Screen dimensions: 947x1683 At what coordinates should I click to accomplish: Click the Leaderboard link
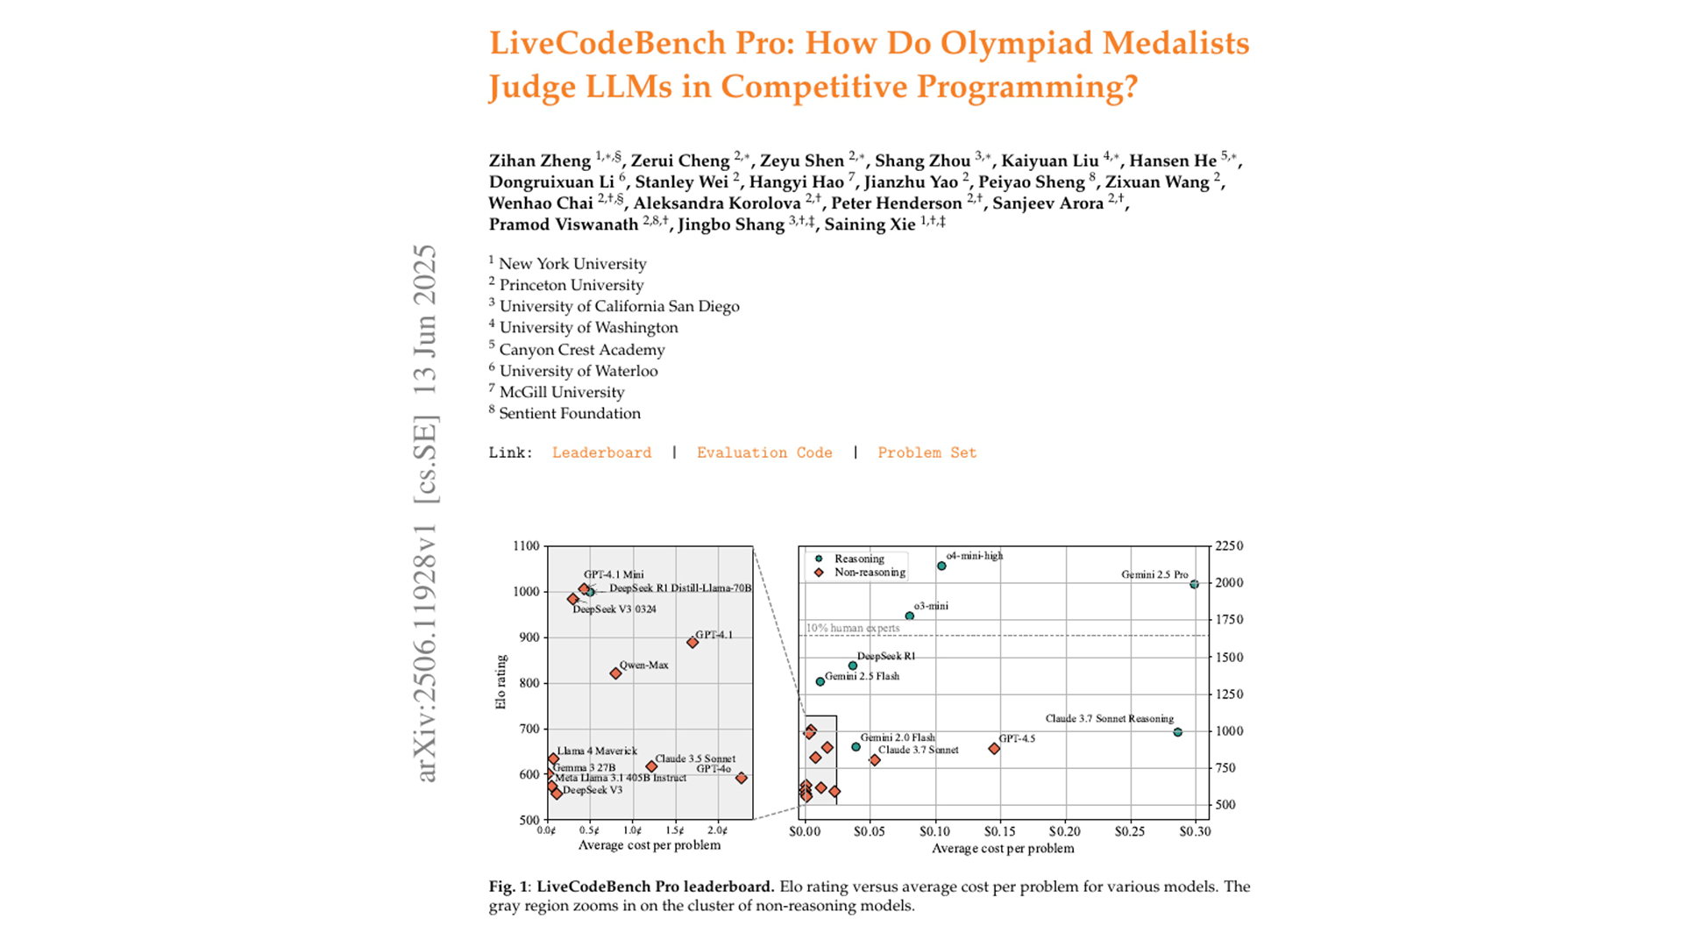(601, 452)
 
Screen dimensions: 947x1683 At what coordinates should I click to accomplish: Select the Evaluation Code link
(764, 452)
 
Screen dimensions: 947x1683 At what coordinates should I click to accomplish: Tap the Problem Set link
(927, 452)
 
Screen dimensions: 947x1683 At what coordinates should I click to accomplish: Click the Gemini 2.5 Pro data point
(1194, 584)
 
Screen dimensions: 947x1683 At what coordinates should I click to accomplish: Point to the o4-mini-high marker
(941, 566)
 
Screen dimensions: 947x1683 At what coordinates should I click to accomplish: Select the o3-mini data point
(909, 616)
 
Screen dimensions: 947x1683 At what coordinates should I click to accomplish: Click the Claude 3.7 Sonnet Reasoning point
(1177, 732)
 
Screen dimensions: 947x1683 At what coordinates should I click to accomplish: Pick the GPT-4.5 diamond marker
(994, 749)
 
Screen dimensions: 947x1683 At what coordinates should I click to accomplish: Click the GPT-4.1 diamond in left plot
(692, 643)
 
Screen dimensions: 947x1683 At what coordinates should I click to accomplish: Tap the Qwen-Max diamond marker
(615, 673)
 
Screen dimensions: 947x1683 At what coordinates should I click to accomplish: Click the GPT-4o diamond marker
(742, 778)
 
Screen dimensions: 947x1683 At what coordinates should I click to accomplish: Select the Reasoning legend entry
(858, 559)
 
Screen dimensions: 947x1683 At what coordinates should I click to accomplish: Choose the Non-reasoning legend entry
(869, 573)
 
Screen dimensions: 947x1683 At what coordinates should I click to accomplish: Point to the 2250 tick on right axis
(1229, 545)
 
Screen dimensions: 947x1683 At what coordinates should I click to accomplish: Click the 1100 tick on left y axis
(526, 545)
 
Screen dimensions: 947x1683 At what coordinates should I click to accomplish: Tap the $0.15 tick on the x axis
(1000, 831)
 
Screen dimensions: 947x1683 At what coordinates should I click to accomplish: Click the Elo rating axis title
(501, 682)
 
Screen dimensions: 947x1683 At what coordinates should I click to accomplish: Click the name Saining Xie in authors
(870, 224)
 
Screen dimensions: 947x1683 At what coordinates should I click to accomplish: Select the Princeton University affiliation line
(571, 285)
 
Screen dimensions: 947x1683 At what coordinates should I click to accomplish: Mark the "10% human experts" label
(853, 628)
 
